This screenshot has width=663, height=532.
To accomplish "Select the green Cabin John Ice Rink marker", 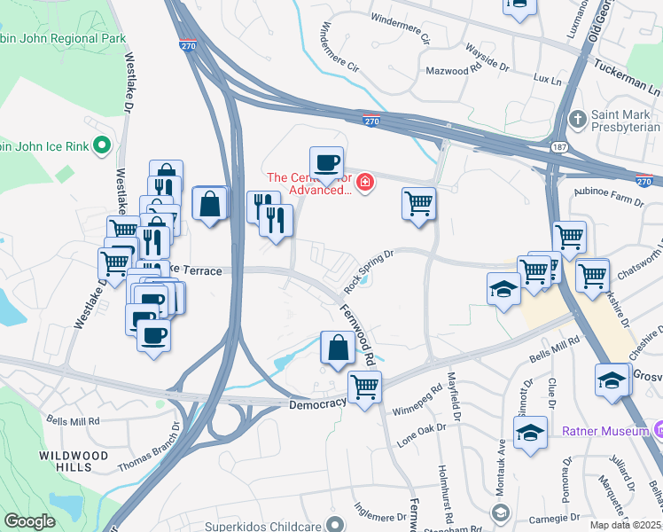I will pyautogui.click(x=102, y=145).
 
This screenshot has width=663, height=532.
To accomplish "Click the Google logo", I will pyautogui.click(x=29, y=521).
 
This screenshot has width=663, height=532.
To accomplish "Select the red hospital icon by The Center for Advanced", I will pyautogui.click(x=364, y=184).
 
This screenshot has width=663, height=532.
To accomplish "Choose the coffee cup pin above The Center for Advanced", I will pyautogui.click(x=326, y=165).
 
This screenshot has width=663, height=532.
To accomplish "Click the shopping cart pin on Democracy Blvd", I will pyautogui.click(x=363, y=387).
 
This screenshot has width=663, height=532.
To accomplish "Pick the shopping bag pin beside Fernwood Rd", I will pyautogui.click(x=338, y=348).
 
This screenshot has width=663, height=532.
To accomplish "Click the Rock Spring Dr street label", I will pyautogui.click(x=368, y=270).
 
